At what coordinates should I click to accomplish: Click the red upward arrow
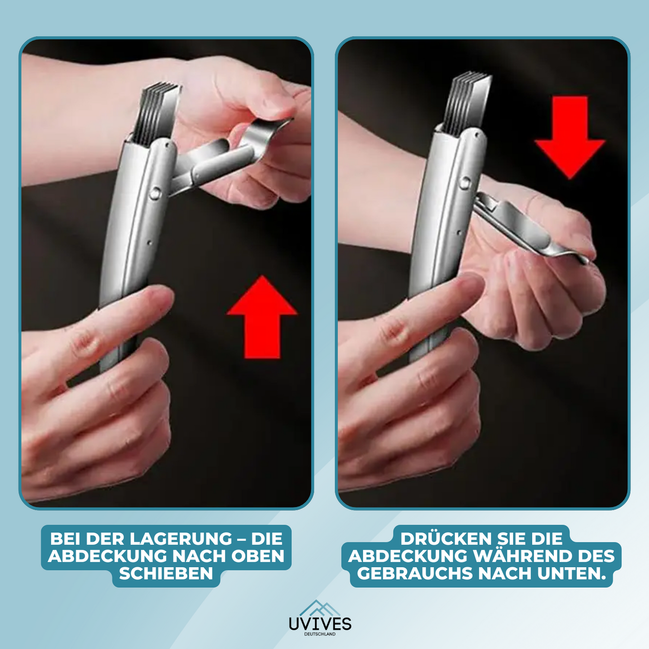click(262, 317)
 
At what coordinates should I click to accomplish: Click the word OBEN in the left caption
click(259, 556)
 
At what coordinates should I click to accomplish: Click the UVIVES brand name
click(320, 624)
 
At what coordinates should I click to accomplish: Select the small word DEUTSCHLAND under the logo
click(320, 634)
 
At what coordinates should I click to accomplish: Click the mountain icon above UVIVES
click(320, 608)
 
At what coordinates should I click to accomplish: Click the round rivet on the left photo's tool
click(155, 194)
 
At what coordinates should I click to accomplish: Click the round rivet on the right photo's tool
click(465, 182)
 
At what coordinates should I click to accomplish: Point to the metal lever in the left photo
click(222, 155)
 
